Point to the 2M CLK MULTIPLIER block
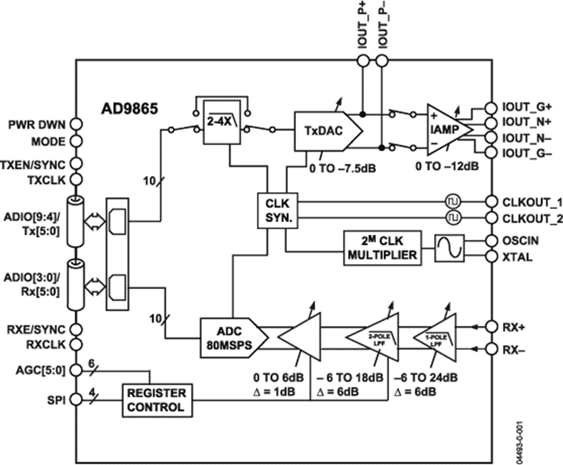[380, 248]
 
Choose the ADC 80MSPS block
[230, 337]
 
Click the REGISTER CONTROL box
[156, 400]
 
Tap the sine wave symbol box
[450, 248]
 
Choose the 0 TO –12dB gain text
[451, 168]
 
